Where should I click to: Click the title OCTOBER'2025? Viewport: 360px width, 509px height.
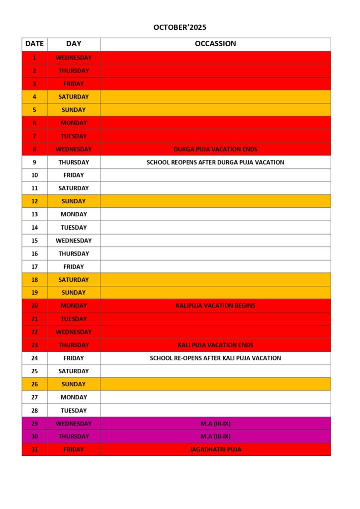(x=180, y=27)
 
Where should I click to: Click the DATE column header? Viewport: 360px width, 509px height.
(x=34, y=44)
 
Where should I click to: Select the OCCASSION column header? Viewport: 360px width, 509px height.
(x=215, y=44)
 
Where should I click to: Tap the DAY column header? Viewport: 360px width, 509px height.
(x=74, y=44)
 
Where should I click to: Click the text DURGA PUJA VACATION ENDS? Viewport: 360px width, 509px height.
(x=215, y=149)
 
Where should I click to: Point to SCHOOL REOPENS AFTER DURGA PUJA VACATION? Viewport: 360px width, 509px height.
(x=215, y=162)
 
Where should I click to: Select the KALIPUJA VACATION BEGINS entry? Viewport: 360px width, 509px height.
(x=215, y=306)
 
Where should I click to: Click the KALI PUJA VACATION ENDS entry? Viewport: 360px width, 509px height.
(x=215, y=345)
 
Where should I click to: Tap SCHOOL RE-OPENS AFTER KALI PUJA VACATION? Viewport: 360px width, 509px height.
(x=215, y=358)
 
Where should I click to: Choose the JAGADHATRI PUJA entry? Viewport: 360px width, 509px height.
(x=215, y=449)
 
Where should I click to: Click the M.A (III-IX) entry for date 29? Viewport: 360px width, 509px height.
(x=215, y=424)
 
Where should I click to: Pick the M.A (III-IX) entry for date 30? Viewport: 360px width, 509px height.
(x=215, y=436)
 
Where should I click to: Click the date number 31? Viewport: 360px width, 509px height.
(x=34, y=449)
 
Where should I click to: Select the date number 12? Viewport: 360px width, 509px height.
(x=34, y=201)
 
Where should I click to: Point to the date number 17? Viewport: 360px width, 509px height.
(x=34, y=266)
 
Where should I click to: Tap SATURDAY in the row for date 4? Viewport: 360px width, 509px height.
(x=74, y=97)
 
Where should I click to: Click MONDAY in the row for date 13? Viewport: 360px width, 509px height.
(x=74, y=214)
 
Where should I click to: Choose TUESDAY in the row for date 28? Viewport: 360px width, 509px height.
(x=74, y=411)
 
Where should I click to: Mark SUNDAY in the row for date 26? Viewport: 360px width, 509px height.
(x=74, y=384)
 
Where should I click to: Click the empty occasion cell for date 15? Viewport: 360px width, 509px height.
(x=215, y=241)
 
